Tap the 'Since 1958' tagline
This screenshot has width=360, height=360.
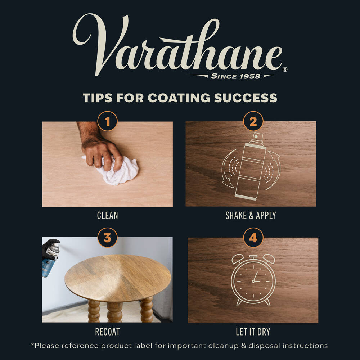[x=235, y=76]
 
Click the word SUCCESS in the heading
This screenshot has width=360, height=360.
[x=246, y=98]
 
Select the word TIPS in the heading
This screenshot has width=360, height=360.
[x=98, y=98]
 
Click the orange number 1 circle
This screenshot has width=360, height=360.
[x=107, y=121]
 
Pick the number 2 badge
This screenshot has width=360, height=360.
[x=253, y=121]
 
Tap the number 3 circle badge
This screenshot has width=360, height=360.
[x=107, y=238]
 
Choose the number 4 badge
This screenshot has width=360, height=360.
[x=253, y=238]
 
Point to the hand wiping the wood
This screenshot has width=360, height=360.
[x=101, y=147]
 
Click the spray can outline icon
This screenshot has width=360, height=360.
[x=251, y=166]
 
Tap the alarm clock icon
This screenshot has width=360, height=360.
[x=253, y=280]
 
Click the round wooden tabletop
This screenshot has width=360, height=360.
[x=118, y=278]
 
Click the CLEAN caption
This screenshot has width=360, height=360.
[x=107, y=215]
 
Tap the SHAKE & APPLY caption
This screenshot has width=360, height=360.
[x=251, y=215]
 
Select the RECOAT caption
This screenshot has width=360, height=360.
[x=107, y=332]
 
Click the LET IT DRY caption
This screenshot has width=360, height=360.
[x=253, y=332]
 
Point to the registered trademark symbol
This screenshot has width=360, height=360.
[x=285, y=69]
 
